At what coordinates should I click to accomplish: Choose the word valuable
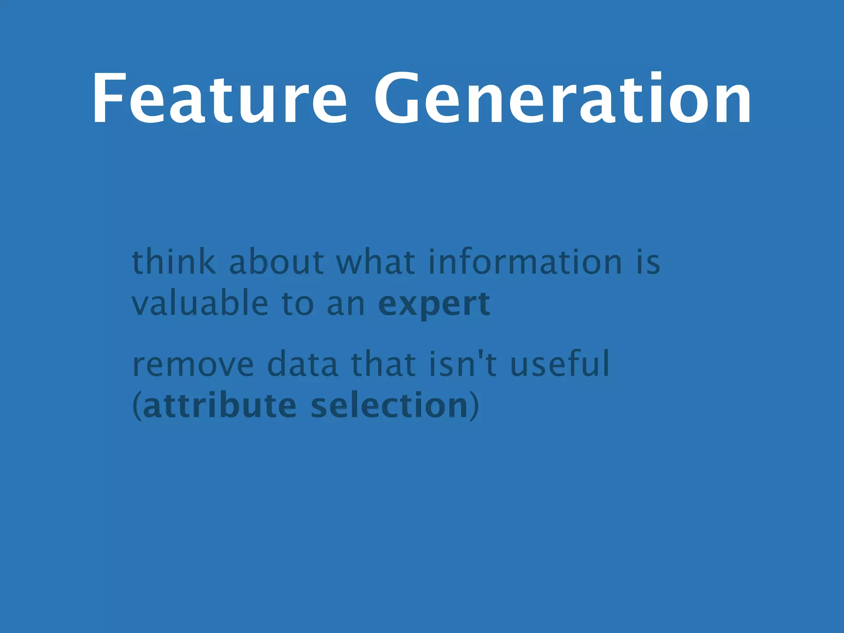200,304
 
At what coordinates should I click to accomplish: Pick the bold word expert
434,304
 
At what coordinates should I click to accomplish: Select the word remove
193,364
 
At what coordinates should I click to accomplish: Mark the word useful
560,364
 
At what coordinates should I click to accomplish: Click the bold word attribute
219,406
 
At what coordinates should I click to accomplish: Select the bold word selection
389,406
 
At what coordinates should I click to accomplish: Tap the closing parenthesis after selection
475,406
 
